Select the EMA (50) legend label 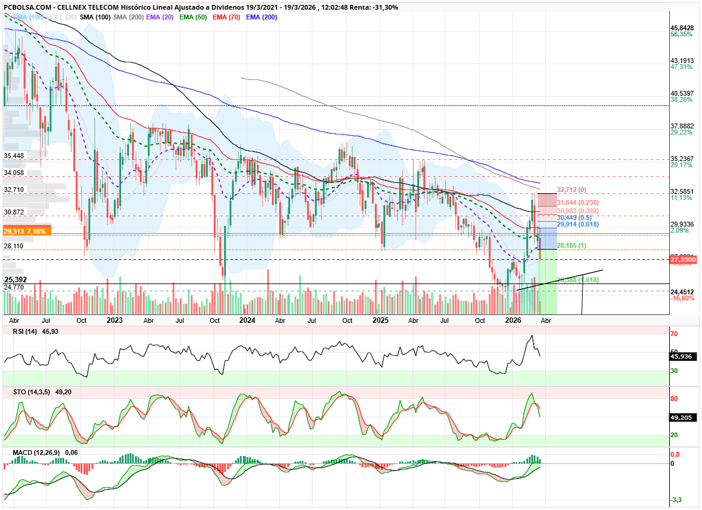click(193, 17)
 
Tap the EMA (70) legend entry click(227, 17)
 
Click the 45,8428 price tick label click(682, 28)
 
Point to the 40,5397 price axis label click(682, 93)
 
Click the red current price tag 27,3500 click(683, 259)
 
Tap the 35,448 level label click(14, 156)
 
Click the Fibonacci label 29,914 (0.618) click(578, 224)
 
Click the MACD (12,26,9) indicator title click(35, 452)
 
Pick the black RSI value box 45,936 click(682, 356)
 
